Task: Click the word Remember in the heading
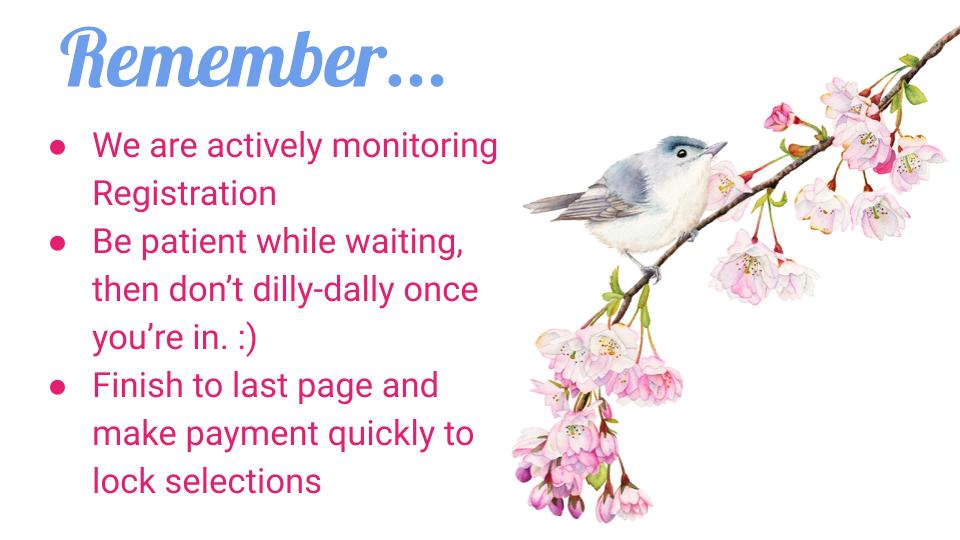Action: (223, 59)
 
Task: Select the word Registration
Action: (184, 195)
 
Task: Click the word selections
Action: (242, 481)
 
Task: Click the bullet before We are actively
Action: (58, 148)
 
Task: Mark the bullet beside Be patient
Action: (58, 244)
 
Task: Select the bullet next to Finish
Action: (58, 388)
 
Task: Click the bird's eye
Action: (681, 153)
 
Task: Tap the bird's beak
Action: (716, 148)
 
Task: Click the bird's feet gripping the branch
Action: (651, 272)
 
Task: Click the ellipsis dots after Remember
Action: (416, 80)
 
